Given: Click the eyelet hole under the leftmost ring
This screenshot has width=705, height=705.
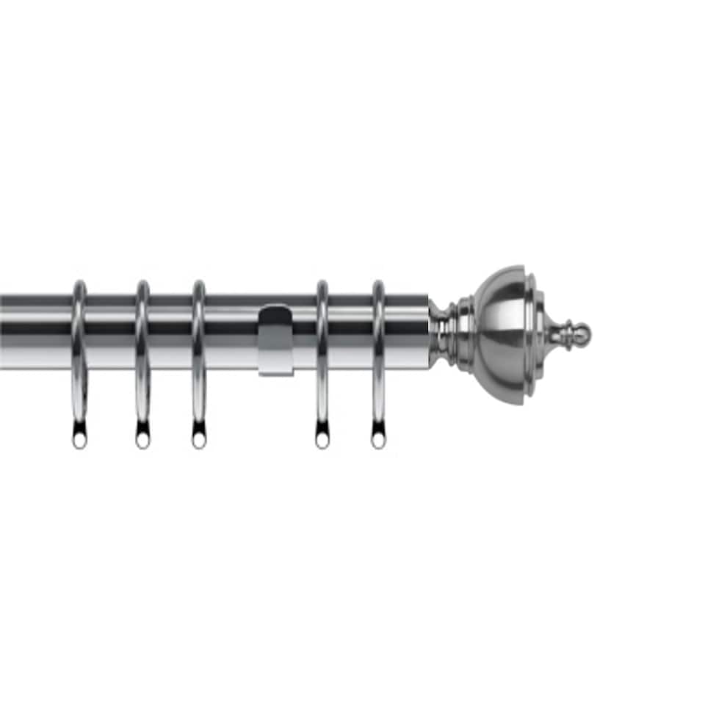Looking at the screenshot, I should [79, 441].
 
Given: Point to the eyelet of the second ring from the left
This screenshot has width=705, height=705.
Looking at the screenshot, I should [142, 441].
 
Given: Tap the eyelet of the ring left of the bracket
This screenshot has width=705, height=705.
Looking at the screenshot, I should [198, 441].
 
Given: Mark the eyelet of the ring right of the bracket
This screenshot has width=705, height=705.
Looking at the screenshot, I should [322, 441].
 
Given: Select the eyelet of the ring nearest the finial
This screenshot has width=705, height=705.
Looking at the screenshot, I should [378, 441].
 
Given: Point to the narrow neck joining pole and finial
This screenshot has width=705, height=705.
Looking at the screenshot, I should [441, 334].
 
